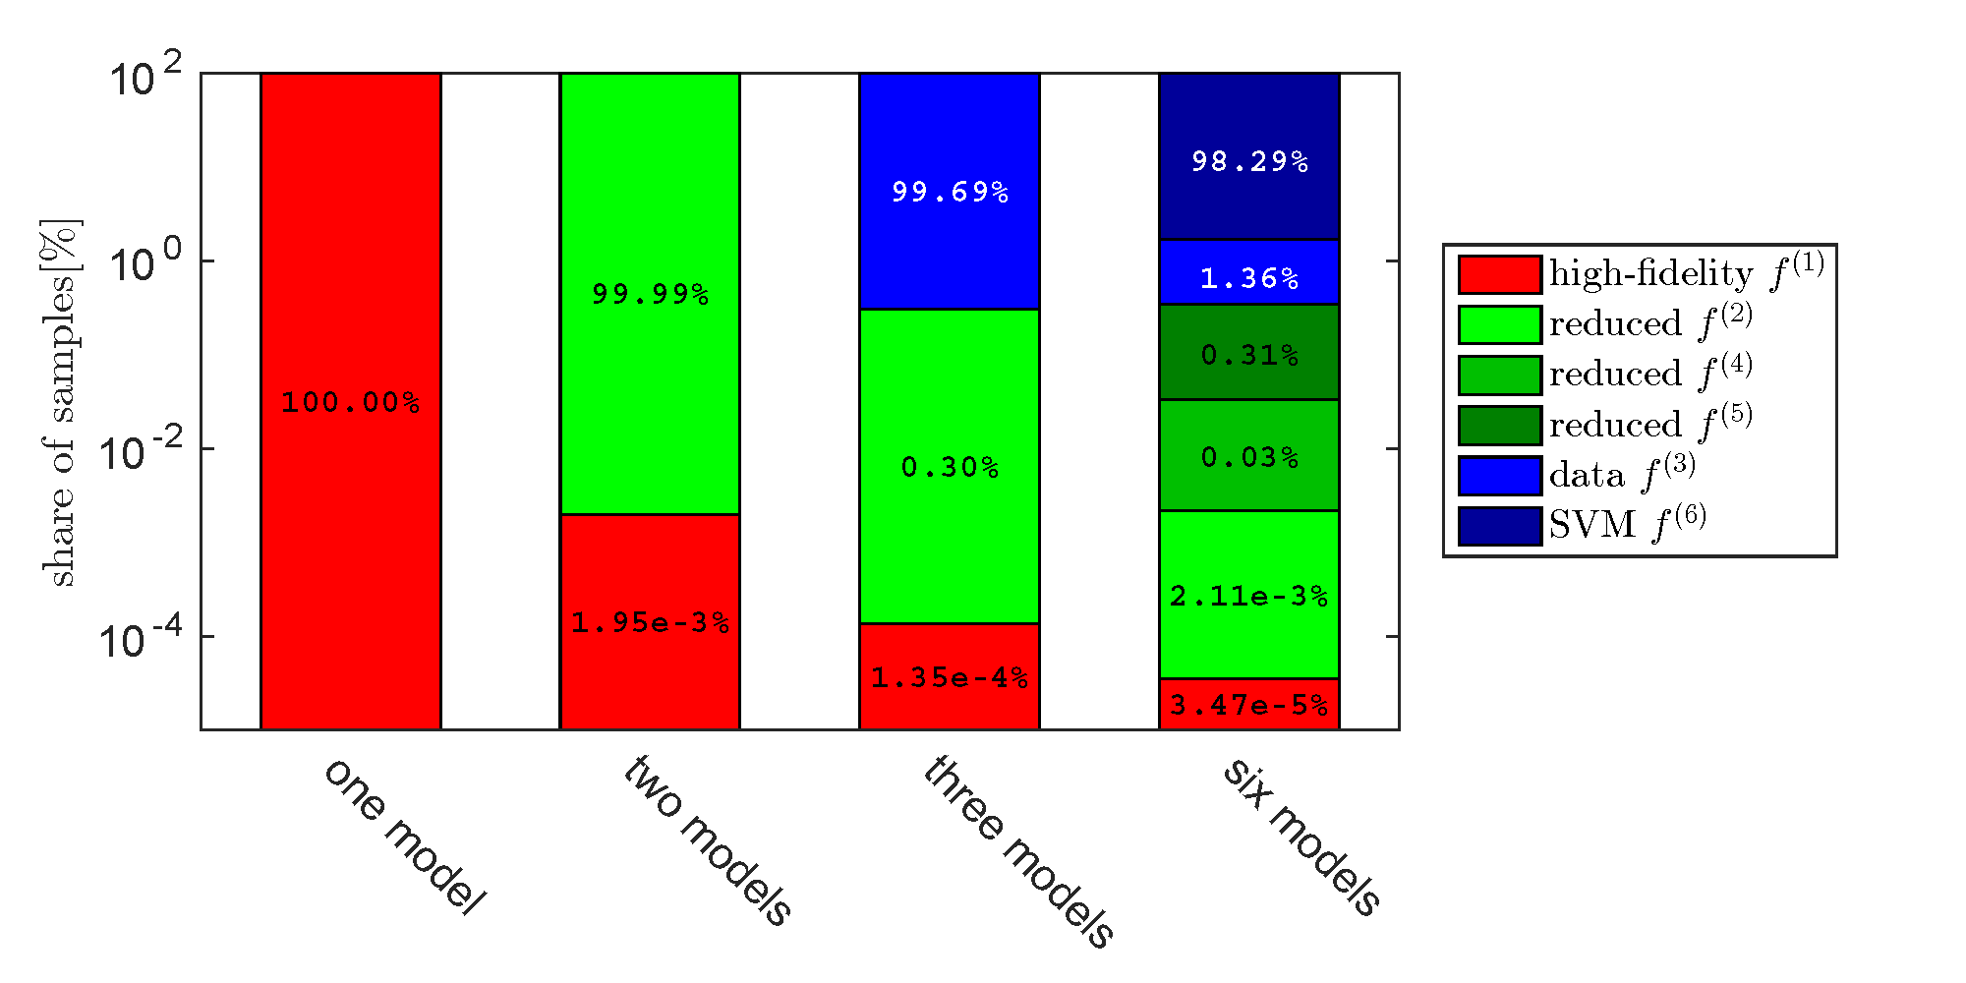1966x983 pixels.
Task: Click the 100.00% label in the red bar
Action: (350, 402)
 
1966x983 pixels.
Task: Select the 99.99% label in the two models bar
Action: (650, 294)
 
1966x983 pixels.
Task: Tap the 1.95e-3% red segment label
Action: (650, 622)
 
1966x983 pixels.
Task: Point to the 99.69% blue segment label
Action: (950, 192)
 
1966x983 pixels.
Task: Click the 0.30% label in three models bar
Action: (950, 467)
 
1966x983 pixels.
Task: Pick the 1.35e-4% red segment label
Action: (950, 677)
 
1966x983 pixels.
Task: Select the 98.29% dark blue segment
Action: (1249, 161)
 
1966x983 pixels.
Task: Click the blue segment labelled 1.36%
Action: (1249, 278)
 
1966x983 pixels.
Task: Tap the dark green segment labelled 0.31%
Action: (1249, 354)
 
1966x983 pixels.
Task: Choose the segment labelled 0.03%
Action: (1249, 457)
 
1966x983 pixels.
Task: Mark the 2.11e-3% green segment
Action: (1249, 596)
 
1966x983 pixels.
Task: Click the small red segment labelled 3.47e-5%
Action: (1249, 705)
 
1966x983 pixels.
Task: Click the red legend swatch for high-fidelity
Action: (1499, 274)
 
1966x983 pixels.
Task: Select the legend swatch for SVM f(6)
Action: (1499, 526)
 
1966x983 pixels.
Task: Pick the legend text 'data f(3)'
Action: (1622, 475)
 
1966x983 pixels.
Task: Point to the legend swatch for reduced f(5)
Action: (1499, 426)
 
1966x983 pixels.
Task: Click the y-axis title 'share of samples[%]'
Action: (61, 403)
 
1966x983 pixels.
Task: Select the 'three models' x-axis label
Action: (1018, 851)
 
